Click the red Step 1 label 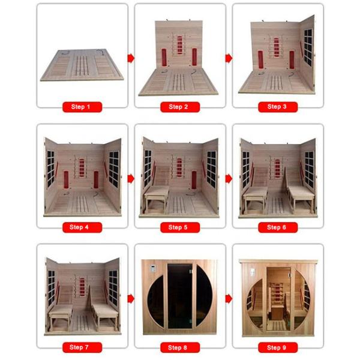click(82, 107)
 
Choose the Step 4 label click(82, 227)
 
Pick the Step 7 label click(82, 347)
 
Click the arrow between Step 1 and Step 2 click(131, 58)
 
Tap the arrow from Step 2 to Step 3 click(229, 58)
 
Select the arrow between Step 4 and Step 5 click(131, 178)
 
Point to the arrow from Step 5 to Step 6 click(229, 178)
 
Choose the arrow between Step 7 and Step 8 click(131, 298)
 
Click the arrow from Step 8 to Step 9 click(229, 298)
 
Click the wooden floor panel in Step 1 click(82, 64)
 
